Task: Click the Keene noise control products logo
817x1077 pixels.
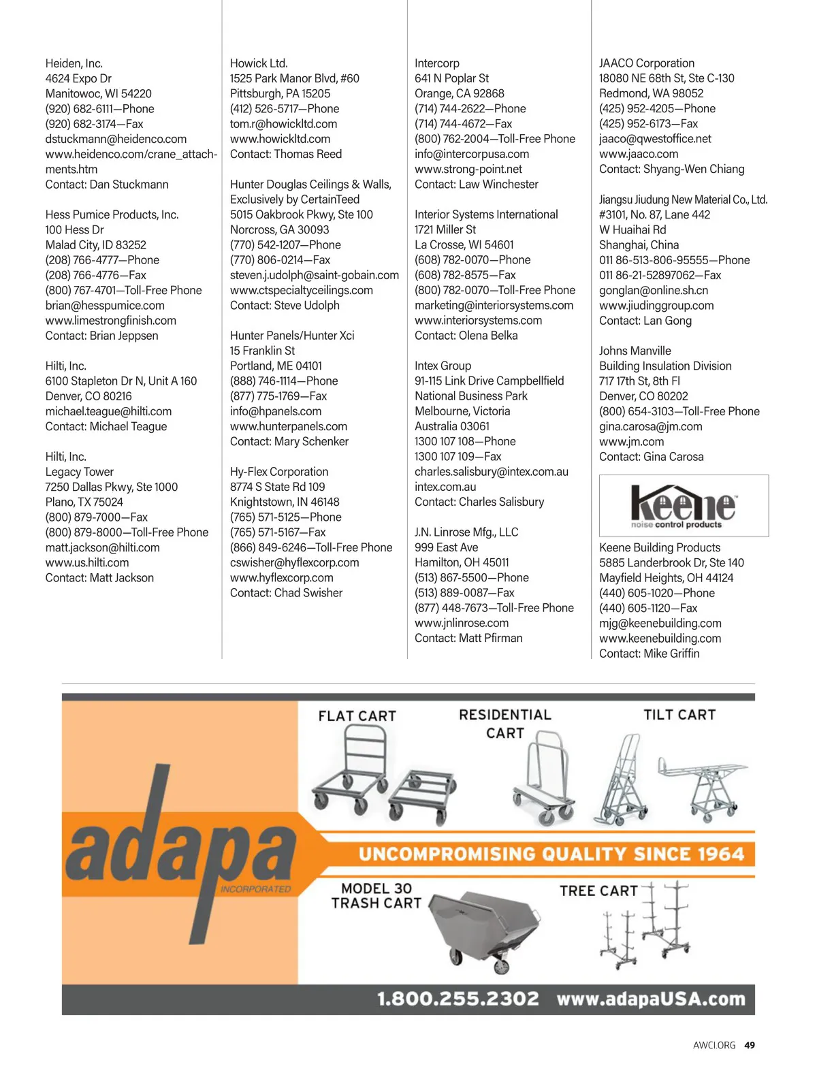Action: pos(683,506)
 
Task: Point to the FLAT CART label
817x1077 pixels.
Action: pos(357,716)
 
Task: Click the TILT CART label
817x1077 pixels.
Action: pos(679,715)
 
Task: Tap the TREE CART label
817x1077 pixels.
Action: pos(598,891)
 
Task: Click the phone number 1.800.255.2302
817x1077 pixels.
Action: pos(458,999)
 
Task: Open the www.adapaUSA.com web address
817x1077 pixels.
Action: pos(651,999)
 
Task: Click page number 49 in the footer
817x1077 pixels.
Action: pos(750,1045)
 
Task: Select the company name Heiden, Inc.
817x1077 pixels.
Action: pos(74,63)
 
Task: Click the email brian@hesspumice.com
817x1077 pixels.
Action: pos(105,306)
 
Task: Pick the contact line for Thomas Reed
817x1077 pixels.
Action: pos(286,154)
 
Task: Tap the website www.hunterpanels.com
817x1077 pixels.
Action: pos(289,426)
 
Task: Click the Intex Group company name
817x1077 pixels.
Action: pos(443,366)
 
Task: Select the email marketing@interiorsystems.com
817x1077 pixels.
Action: pos(494,306)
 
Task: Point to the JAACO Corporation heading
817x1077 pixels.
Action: pos(647,63)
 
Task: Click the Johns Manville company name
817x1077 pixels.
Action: pos(635,351)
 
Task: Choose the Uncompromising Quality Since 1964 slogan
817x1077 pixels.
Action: pos(551,854)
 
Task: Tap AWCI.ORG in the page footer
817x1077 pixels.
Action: pos(714,1045)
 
